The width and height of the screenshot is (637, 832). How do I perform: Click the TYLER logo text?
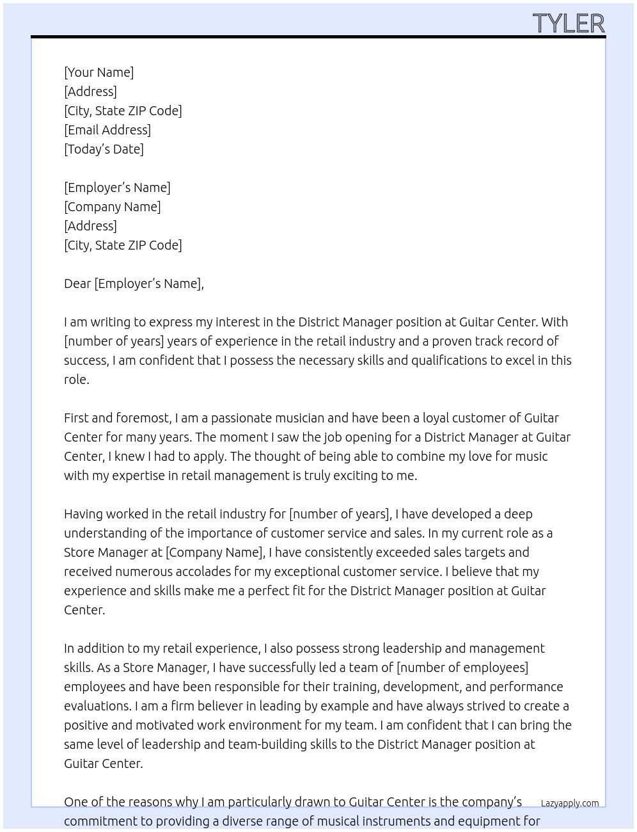click(568, 24)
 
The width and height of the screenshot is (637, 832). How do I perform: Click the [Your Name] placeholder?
click(98, 72)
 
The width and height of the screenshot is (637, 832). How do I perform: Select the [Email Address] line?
click(107, 130)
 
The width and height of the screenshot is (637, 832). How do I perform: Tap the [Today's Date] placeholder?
click(104, 149)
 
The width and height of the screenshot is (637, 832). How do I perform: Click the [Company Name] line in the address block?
click(113, 207)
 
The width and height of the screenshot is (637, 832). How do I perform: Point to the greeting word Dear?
click(77, 284)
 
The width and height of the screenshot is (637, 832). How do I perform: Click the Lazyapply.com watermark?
click(570, 803)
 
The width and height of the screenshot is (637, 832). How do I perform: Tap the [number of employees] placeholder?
click(462, 668)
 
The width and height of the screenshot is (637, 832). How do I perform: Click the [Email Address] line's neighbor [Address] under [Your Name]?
click(90, 92)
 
